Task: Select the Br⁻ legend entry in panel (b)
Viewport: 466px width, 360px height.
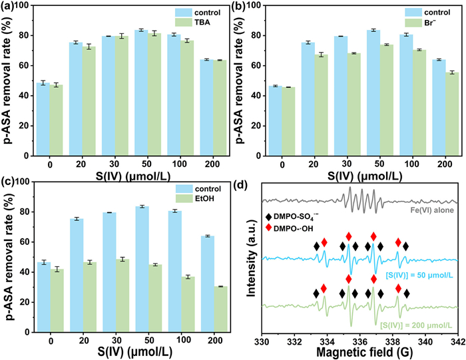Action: pos(424,22)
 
